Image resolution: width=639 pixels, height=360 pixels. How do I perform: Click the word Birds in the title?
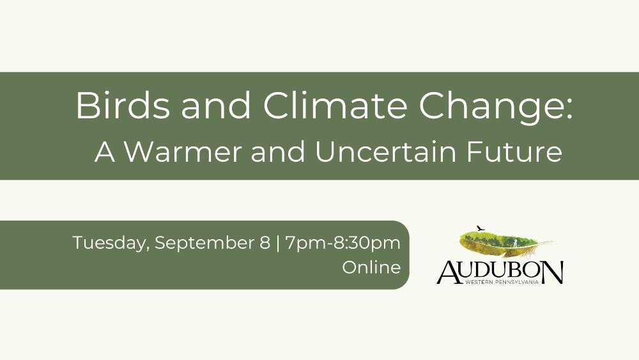coord(122,105)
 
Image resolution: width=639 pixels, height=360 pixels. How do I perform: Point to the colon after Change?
coord(569,110)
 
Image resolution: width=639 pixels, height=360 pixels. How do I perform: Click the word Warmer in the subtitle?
coord(183,152)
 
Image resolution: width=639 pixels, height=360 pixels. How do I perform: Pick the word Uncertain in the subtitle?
coord(385,152)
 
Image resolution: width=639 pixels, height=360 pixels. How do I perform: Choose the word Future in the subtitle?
coord(514,152)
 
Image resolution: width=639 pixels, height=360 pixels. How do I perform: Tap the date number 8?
coord(265,242)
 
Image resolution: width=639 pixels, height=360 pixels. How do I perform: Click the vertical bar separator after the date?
coord(278,244)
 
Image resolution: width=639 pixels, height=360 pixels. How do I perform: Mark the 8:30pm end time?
coord(367,244)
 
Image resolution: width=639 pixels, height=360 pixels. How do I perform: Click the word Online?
coord(371,267)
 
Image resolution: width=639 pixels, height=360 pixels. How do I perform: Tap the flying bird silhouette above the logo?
coord(481,228)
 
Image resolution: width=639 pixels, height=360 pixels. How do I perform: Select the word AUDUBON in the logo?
coord(500,272)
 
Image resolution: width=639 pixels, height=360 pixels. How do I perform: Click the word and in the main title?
coord(216,105)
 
